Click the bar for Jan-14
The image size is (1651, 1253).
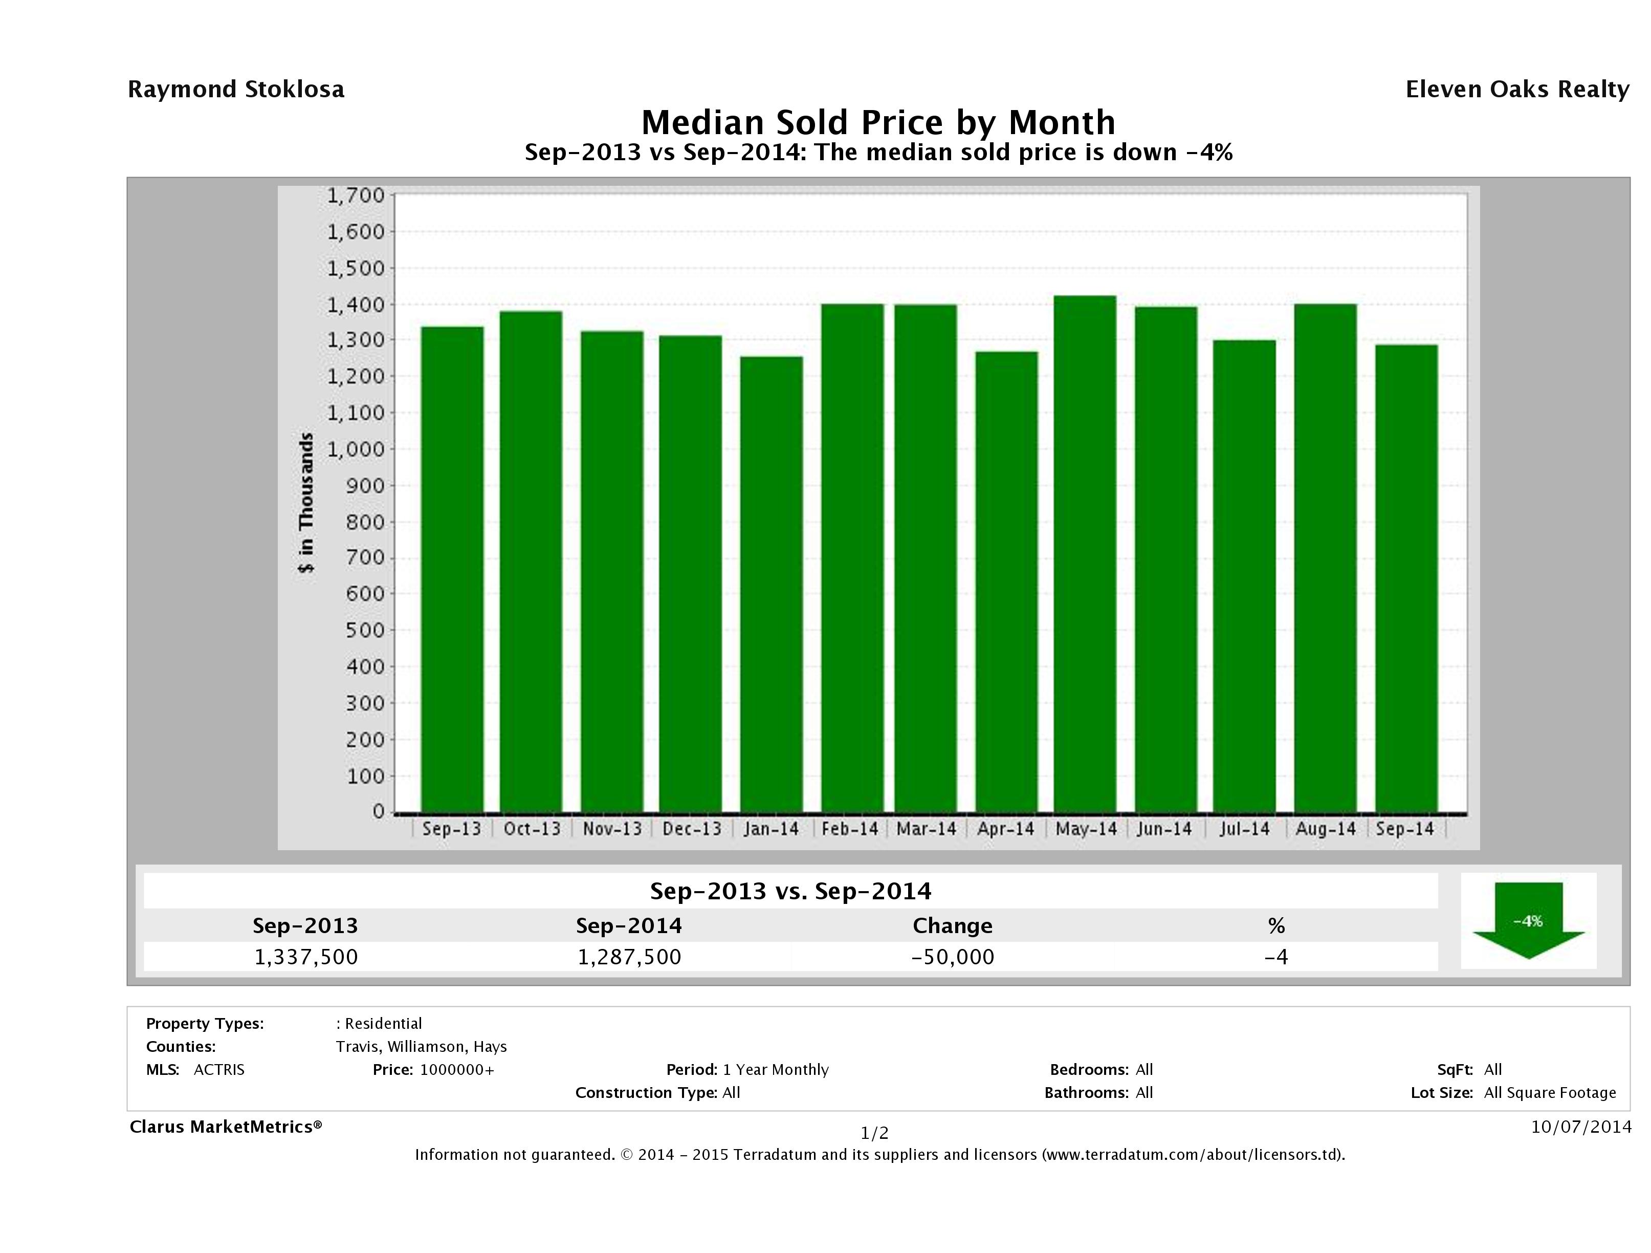click(772, 584)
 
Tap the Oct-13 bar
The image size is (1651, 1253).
click(531, 561)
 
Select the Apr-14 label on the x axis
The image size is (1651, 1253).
click(1005, 829)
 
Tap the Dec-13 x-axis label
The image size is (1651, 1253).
click(692, 829)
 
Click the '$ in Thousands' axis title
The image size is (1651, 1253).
click(306, 503)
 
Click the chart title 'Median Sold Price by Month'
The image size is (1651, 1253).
click(878, 122)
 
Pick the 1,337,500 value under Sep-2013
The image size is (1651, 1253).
click(306, 957)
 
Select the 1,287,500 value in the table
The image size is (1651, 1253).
click(629, 957)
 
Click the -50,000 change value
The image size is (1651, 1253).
click(953, 957)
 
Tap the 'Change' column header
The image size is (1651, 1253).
click(953, 926)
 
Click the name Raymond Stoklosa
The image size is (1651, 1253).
click(236, 90)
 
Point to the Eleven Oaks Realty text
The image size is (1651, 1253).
click(1516, 90)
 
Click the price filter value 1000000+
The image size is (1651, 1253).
click(457, 1069)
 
